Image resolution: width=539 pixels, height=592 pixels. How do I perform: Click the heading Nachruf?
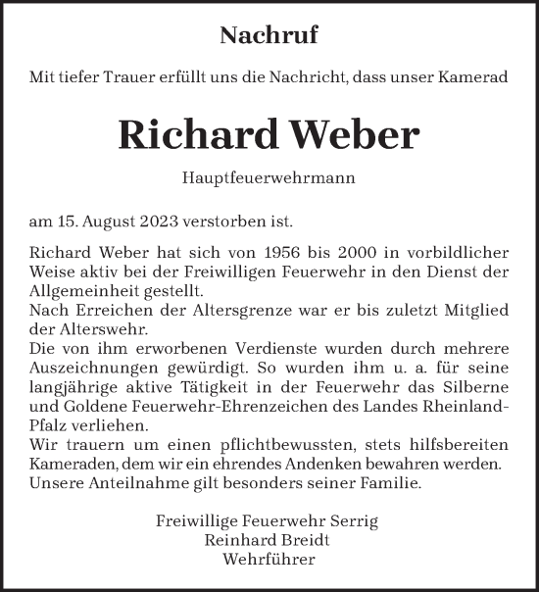[269, 36]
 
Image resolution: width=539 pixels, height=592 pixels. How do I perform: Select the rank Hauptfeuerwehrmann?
[269, 179]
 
